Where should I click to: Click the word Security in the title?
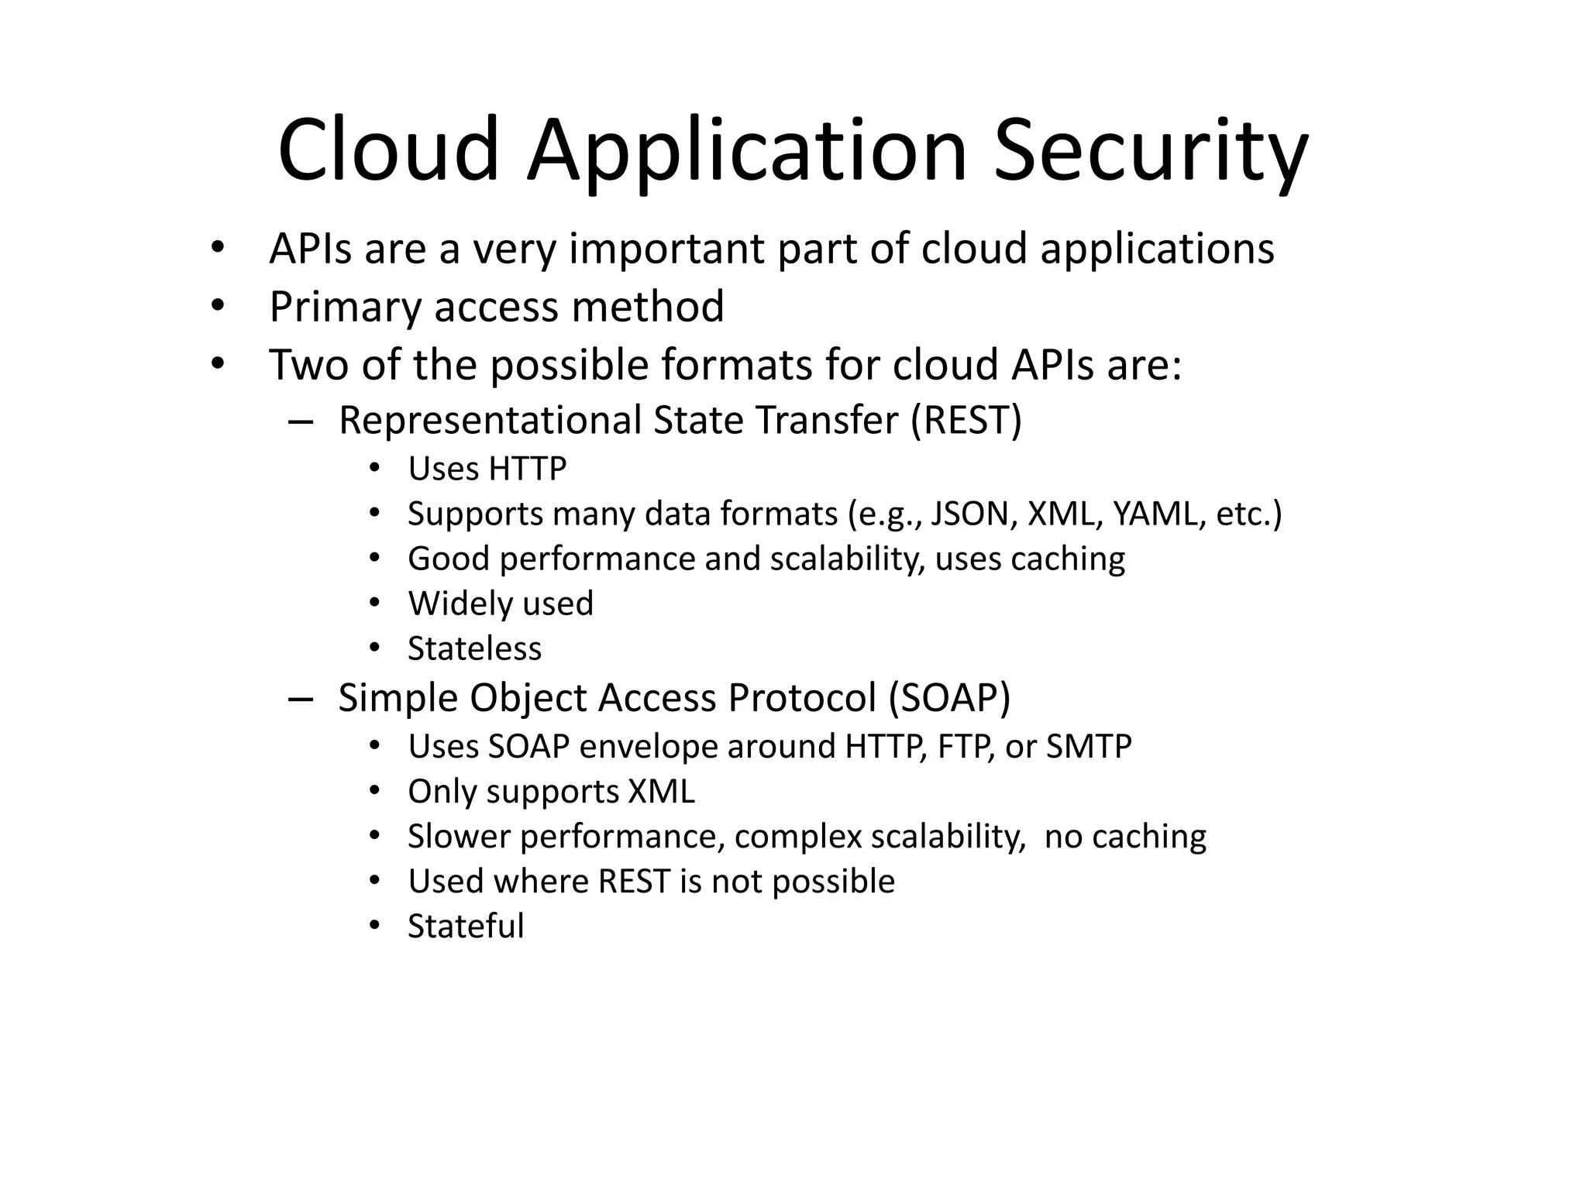coord(1151,151)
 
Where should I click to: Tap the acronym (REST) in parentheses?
coord(966,421)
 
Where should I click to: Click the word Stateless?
coord(474,649)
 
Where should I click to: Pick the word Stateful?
coord(466,927)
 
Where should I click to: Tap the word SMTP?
coord(1089,747)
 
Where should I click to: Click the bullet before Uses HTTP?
coord(374,469)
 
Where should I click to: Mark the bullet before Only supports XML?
coord(374,791)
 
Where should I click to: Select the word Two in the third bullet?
coord(309,365)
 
